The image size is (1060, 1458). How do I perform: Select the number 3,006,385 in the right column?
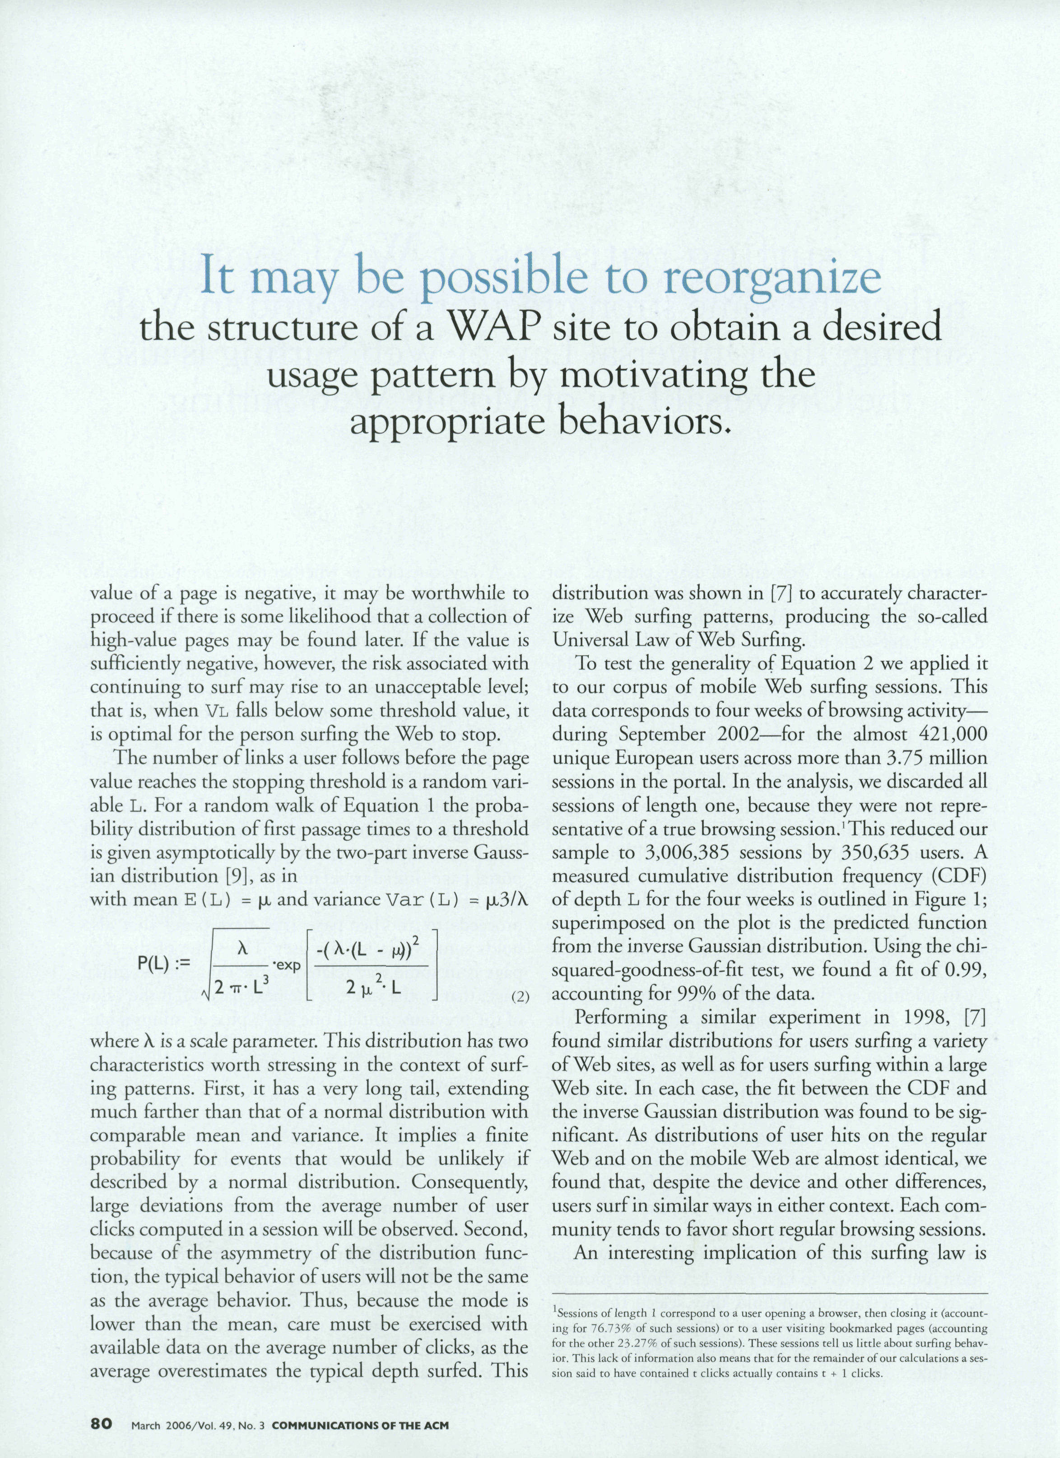[x=688, y=854]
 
